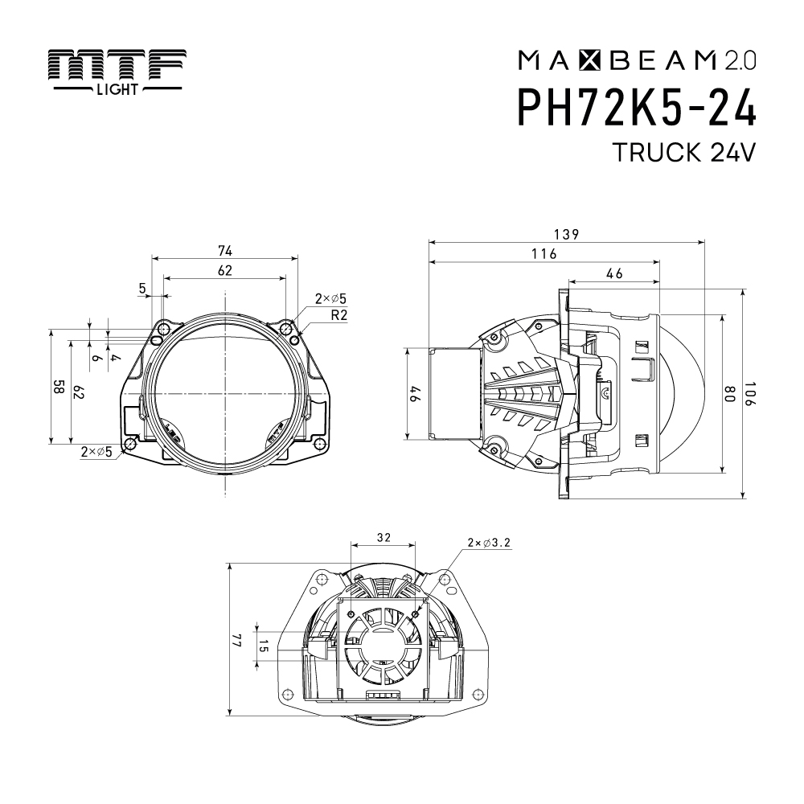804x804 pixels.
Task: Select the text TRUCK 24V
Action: click(x=683, y=153)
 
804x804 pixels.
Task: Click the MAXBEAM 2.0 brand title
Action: click(x=637, y=59)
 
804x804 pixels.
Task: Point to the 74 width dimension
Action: click(x=224, y=251)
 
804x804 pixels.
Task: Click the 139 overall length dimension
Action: click(x=567, y=234)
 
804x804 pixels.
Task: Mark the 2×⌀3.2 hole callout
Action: click(x=488, y=544)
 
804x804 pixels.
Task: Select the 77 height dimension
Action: click(x=237, y=640)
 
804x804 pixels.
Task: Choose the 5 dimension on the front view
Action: click(x=143, y=287)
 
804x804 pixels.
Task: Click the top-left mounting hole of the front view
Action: click(x=163, y=329)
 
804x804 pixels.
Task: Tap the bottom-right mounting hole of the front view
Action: click(x=319, y=445)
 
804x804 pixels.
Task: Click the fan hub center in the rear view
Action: click(x=384, y=643)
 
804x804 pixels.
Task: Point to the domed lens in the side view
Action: click(x=683, y=394)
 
